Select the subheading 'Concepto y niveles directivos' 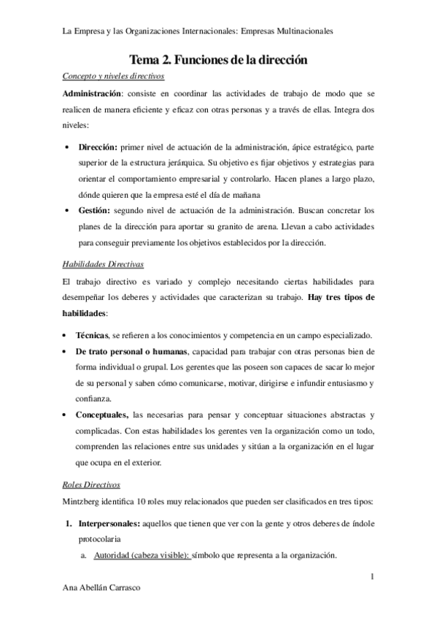113,77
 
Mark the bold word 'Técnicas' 91,336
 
